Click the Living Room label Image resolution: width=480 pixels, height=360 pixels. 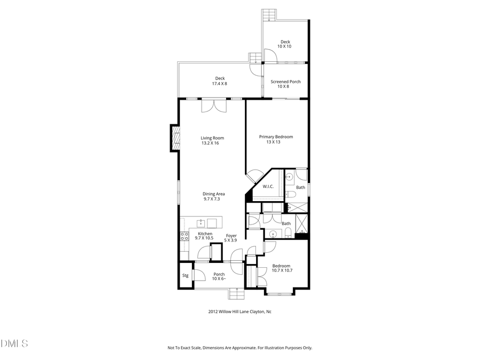pyautogui.click(x=209, y=140)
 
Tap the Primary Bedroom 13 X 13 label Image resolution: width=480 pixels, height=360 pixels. pyautogui.click(x=276, y=139)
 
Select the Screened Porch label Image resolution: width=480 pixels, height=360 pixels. pyautogui.click(x=285, y=84)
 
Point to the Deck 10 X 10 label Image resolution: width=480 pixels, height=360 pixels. pyautogui.click(x=285, y=44)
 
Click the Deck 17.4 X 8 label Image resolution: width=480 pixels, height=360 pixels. pyautogui.click(x=220, y=81)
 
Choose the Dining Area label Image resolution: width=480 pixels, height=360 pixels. pyautogui.click(x=213, y=196)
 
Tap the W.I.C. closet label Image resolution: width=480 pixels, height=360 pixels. pyautogui.click(x=268, y=186)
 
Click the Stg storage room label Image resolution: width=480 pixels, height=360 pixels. pyautogui.click(x=185, y=275)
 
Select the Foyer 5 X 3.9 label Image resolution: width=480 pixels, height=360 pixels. pyautogui.click(x=231, y=238)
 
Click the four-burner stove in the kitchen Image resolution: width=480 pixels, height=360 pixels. pyautogui.click(x=185, y=236)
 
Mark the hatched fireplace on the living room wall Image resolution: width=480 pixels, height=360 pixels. pyautogui.click(x=174, y=138)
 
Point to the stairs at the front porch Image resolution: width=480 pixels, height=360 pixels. pyautogui.click(x=236, y=294)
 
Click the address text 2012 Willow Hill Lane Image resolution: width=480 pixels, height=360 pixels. pyautogui.click(x=239, y=312)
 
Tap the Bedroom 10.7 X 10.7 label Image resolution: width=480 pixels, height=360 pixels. pyautogui.click(x=282, y=268)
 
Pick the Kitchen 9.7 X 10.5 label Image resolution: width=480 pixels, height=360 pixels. pyautogui.click(x=205, y=236)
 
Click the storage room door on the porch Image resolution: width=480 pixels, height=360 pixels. pyautogui.click(x=199, y=274)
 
